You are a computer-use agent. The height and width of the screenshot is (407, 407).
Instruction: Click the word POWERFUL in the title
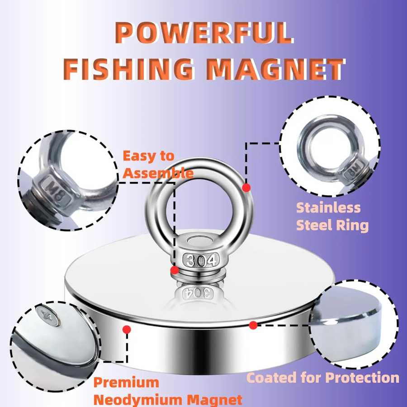[204, 33]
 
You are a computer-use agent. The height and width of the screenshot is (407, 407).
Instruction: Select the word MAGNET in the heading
[276, 69]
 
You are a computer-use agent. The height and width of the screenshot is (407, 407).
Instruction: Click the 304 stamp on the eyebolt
[201, 260]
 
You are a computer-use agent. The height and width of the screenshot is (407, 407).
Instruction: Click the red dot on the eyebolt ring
[246, 188]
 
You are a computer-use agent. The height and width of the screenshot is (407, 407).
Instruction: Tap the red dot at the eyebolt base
[175, 270]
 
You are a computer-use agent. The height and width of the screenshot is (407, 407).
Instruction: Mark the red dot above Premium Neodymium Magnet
[127, 330]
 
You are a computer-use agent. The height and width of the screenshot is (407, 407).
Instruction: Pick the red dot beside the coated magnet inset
[253, 325]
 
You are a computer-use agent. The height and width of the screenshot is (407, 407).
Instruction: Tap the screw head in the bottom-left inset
[48, 316]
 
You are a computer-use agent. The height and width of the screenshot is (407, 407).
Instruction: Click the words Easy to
[148, 156]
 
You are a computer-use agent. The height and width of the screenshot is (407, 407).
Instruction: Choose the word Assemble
[158, 173]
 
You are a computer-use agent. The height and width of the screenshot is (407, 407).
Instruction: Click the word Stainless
[328, 208]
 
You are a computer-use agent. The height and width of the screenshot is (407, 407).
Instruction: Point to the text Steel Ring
[332, 225]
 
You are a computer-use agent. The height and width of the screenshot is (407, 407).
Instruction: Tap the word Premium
[126, 383]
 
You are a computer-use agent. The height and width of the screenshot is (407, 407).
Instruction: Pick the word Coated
[271, 378]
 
